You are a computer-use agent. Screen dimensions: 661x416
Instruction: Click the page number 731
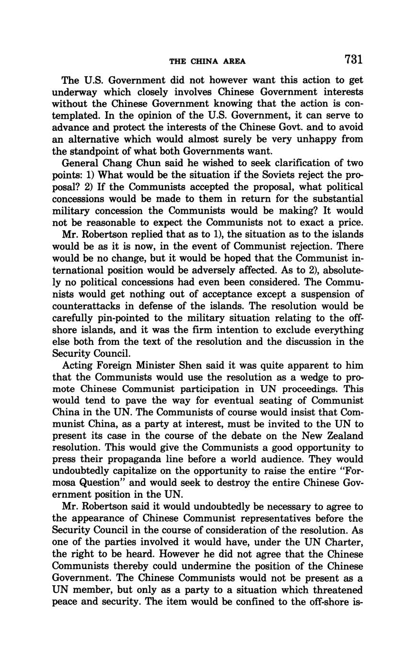353,59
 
